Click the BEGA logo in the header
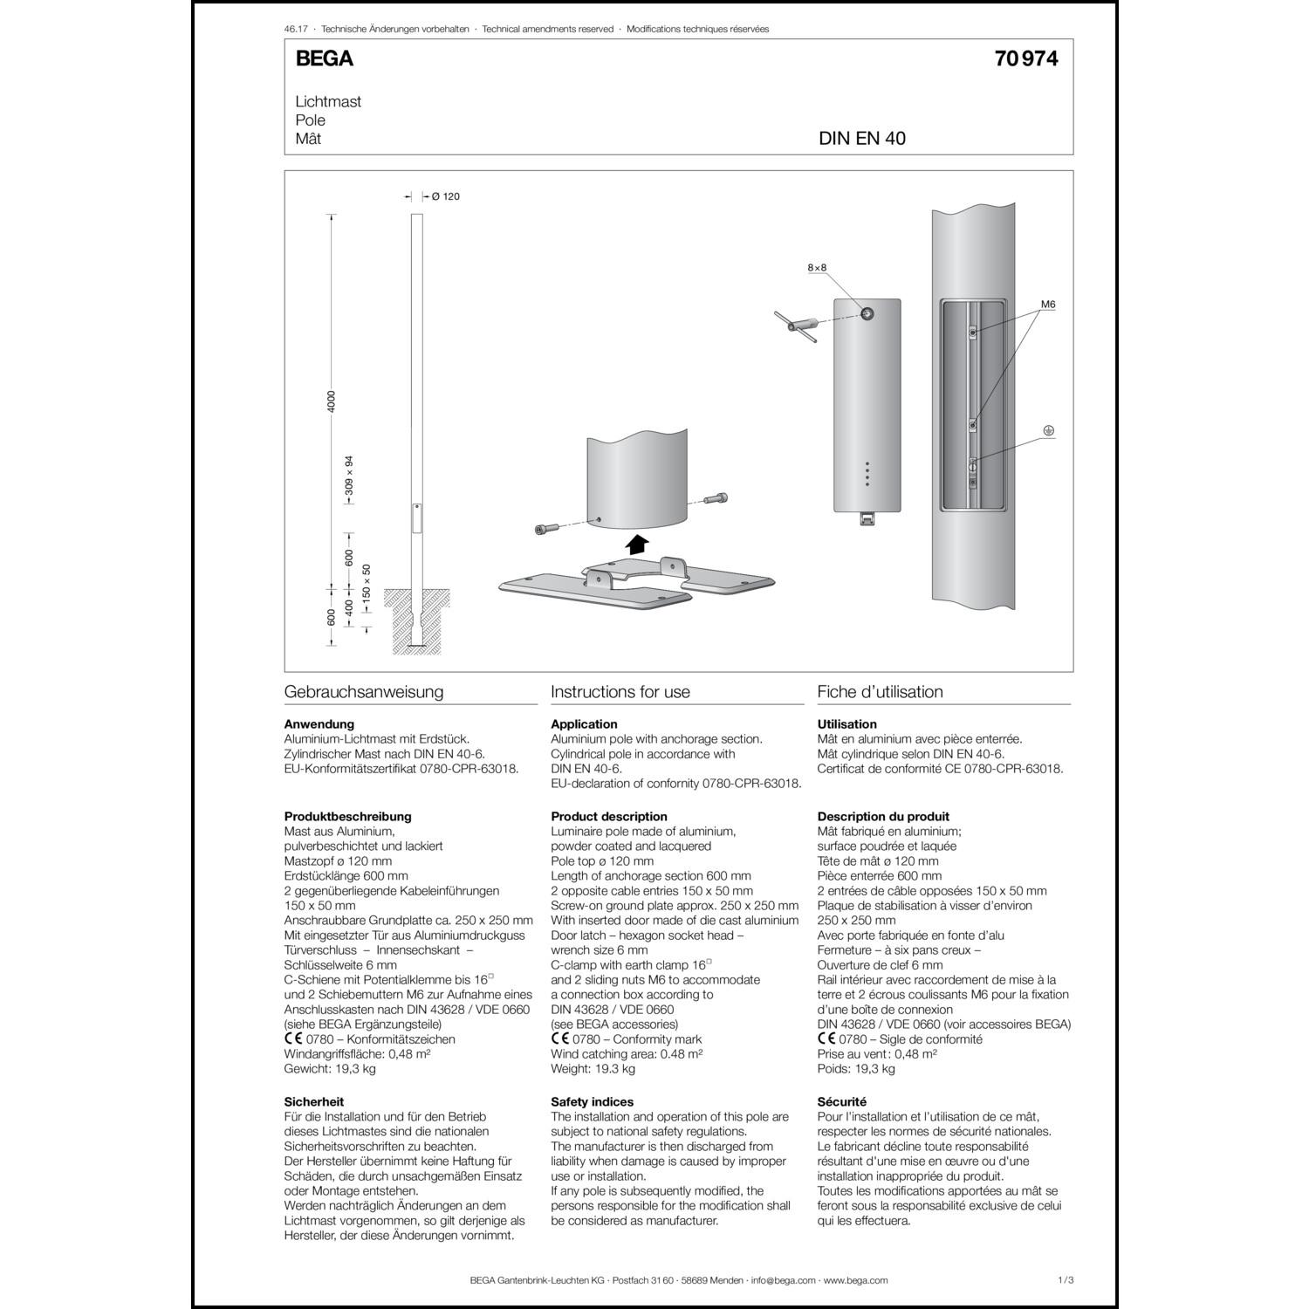pyautogui.click(x=324, y=58)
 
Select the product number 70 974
pyautogui.click(x=1025, y=58)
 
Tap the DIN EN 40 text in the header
pyautogui.click(x=861, y=139)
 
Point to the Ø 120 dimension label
pyautogui.click(x=445, y=196)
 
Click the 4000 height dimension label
pyautogui.click(x=331, y=401)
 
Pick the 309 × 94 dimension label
pyautogui.click(x=349, y=476)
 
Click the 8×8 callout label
pyautogui.click(x=816, y=268)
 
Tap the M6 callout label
pyautogui.click(x=1048, y=305)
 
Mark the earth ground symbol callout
pyautogui.click(x=1049, y=430)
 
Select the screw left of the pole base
pyautogui.click(x=544, y=529)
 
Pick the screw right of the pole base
pyautogui.click(x=715, y=499)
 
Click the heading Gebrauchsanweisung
pyautogui.click(x=364, y=692)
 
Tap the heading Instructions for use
pyautogui.click(x=620, y=692)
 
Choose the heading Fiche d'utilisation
pyautogui.click(x=880, y=692)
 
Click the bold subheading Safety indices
pyautogui.click(x=592, y=1101)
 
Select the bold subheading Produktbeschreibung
pyautogui.click(x=347, y=817)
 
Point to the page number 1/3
pyautogui.click(x=1065, y=1280)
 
